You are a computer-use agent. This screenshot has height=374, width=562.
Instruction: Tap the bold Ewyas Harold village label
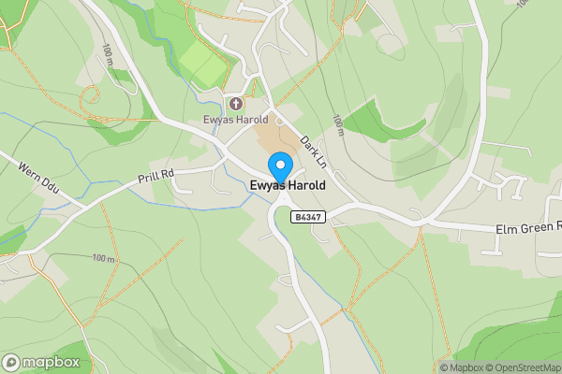point(288,186)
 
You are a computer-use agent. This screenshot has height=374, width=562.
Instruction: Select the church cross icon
point(234,104)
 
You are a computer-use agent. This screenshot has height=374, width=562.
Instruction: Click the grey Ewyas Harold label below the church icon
point(236,120)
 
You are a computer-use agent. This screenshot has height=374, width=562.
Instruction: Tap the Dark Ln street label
point(314,151)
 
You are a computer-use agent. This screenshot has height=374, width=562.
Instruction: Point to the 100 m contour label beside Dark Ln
point(338,124)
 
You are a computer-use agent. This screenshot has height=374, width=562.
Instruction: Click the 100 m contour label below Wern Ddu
point(103,257)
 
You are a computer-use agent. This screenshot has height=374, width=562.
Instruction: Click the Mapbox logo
point(41,362)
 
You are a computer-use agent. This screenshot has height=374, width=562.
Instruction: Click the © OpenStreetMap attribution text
point(523,367)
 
